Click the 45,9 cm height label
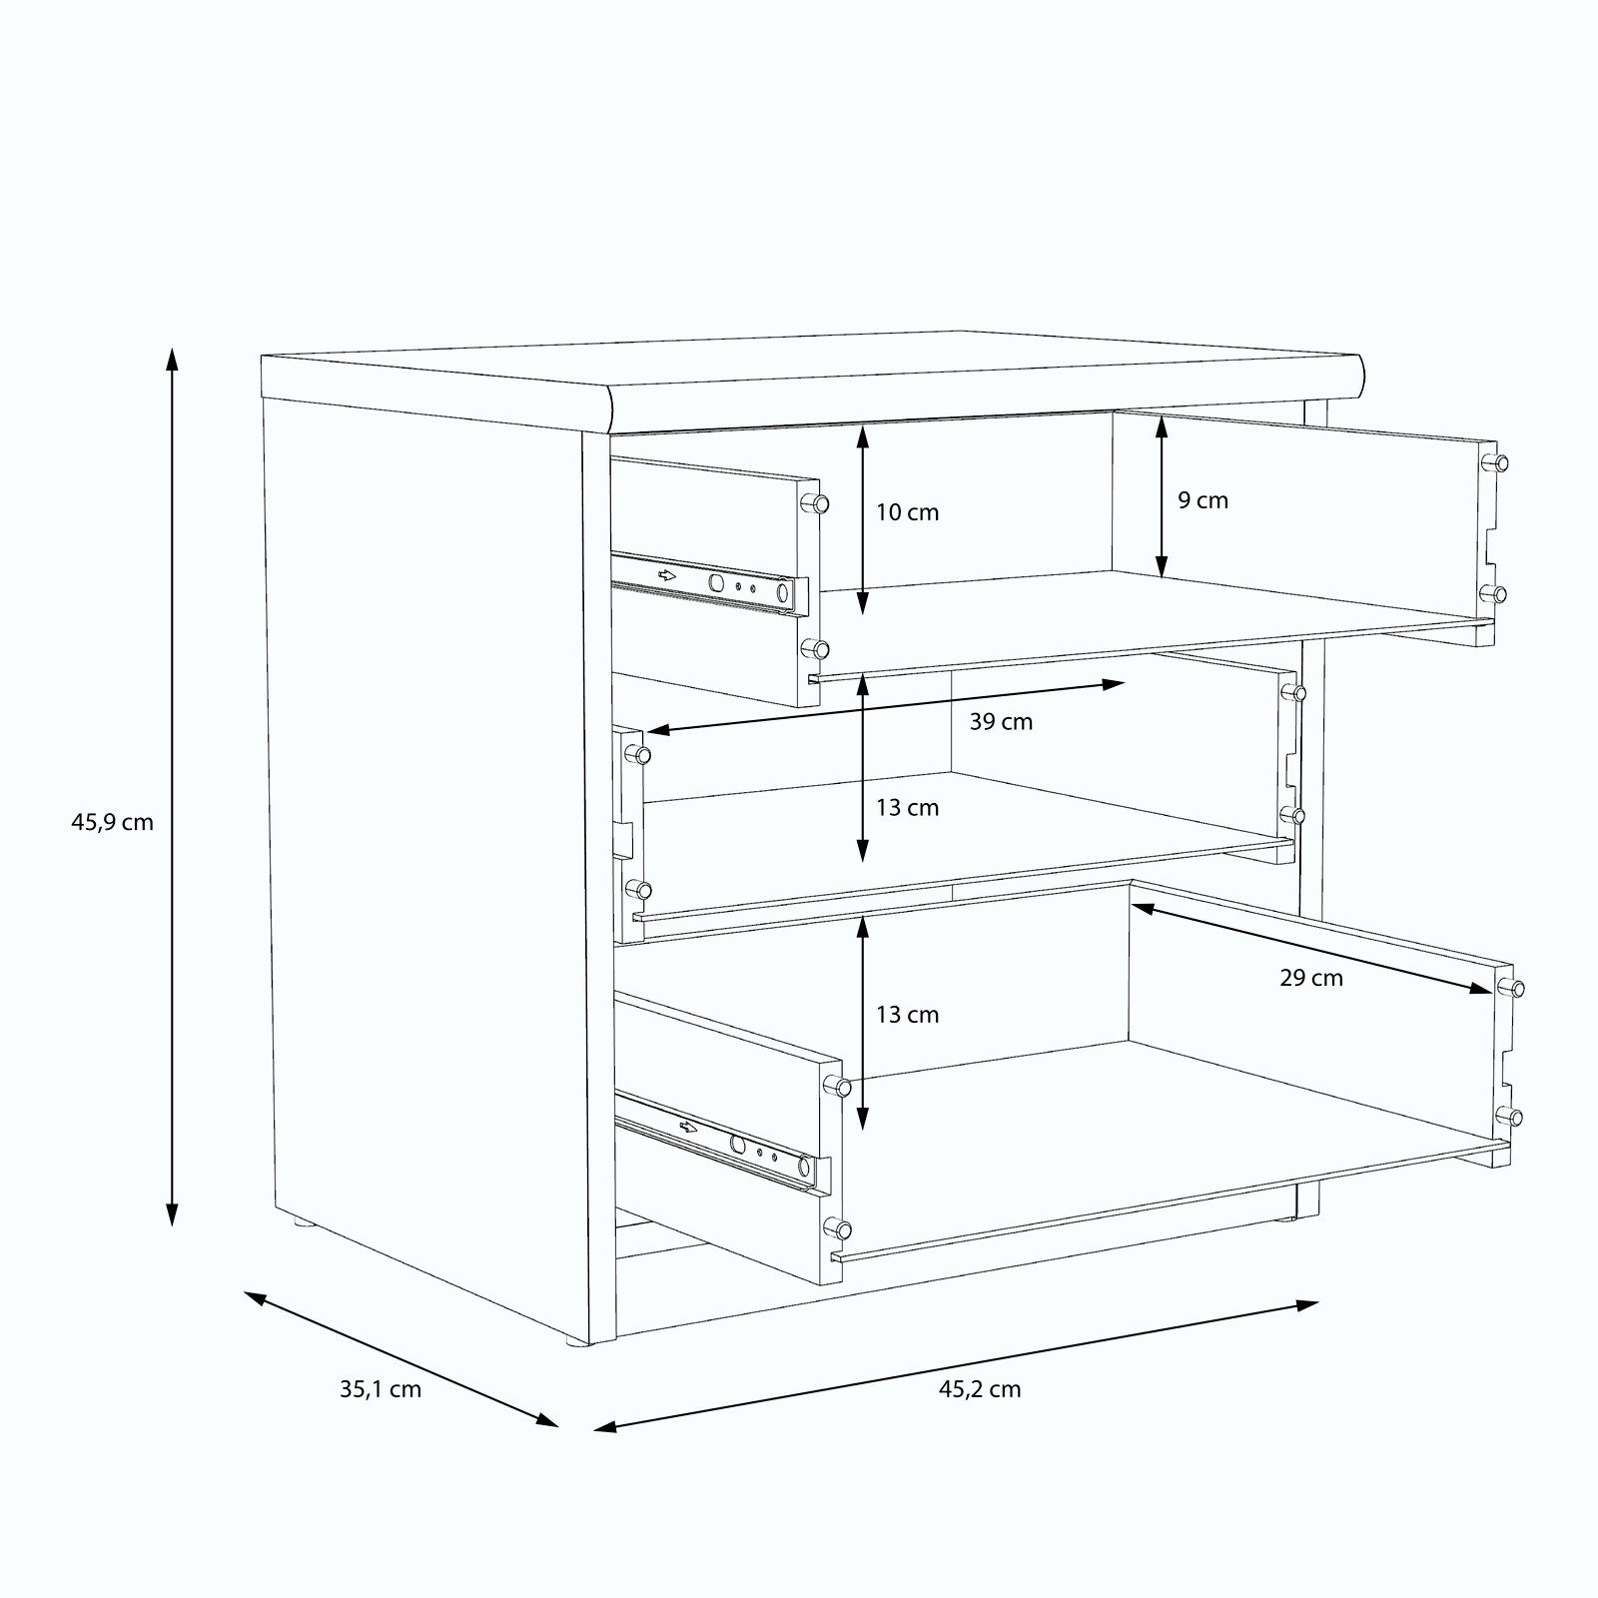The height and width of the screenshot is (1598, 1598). click(x=112, y=823)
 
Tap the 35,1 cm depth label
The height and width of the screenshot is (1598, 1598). click(x=381, y=1389)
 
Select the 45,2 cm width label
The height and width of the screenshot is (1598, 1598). click(x=980, y=1389)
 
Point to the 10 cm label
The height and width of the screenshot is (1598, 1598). click(x=908, y=512)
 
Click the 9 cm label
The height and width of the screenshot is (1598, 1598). click(x=1202, y=500)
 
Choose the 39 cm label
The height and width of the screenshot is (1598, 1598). click(x=1001, y=721)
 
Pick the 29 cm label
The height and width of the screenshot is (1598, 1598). click(x=1311, y=978)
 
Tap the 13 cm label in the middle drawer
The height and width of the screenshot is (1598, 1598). click(x=908, y=807)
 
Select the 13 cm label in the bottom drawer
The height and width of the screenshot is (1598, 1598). click(x=908, y=1015)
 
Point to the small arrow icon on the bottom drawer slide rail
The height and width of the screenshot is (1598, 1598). click(x=688, y=1128)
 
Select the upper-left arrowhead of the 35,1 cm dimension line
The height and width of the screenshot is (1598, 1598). click(x=256, y=1297)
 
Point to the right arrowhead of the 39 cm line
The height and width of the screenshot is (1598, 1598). click(x=1113, y=685)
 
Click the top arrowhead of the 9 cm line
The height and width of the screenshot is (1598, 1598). click(x=1162, y=428)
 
